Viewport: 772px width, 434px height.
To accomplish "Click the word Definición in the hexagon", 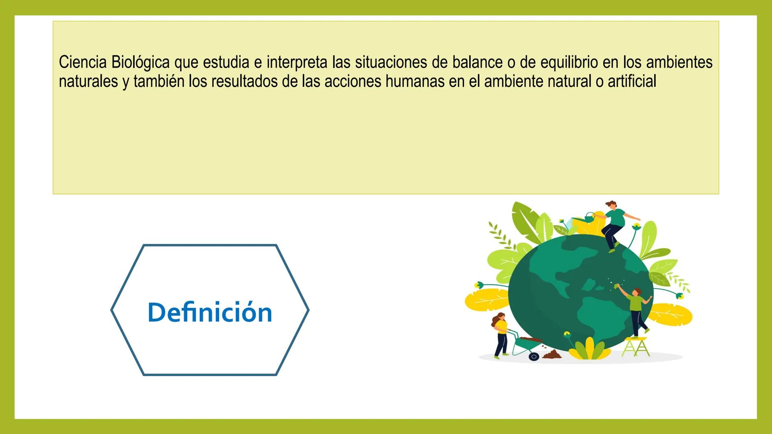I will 210,312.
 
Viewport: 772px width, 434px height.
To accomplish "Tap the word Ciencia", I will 83,63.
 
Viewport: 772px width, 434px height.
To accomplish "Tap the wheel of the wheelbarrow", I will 534,356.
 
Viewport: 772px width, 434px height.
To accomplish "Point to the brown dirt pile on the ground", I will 552,354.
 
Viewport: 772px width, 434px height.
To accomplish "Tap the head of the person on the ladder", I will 636,292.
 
